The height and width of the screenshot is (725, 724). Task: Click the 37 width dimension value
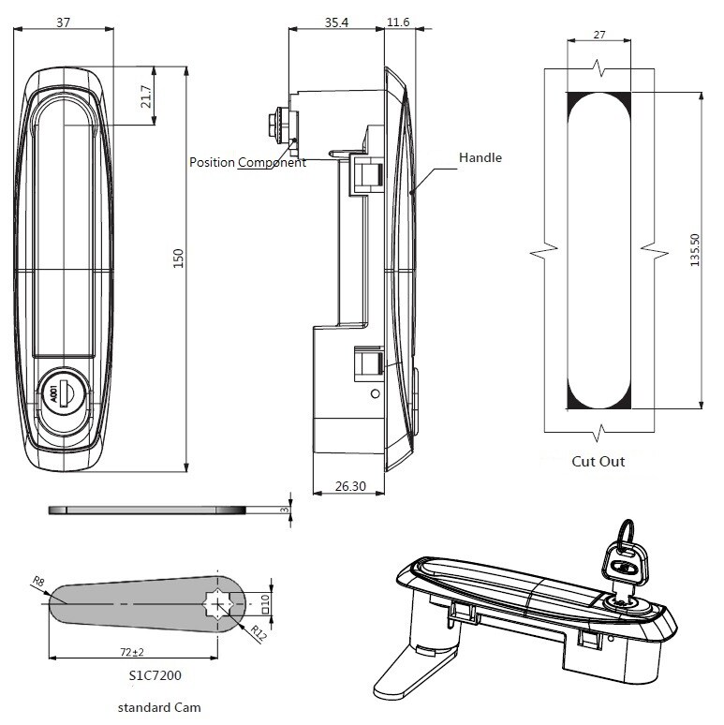tap(63, 22)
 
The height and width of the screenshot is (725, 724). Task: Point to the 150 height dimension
tap(177, 258)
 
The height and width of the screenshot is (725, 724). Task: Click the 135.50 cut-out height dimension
tap(694, 251)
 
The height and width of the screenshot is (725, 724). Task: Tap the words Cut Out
tap(598, 461)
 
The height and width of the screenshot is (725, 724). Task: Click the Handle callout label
tap(480, 157)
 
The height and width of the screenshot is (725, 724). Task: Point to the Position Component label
tap(247, 162)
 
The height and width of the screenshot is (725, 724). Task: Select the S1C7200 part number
tap(156, 673)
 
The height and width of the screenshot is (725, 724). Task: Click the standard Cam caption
tap(159, 707)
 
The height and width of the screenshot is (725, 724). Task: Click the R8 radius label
tap(38, 583)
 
